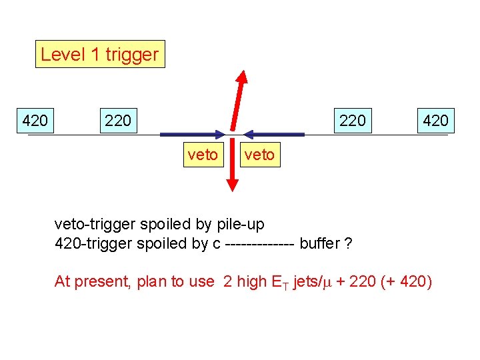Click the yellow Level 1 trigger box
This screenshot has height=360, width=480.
click(100, 54)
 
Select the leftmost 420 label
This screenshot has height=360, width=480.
click(35, 121)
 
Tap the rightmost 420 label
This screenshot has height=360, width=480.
click(435, 121)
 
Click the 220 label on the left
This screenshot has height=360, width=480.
click(118, 121)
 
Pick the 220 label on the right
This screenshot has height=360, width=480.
click(352, 121)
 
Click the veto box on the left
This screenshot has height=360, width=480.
click(203, 155)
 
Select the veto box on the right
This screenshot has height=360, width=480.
click(259, 155)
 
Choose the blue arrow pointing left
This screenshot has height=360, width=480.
click(273, 135)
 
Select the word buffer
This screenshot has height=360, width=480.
click(319, 243)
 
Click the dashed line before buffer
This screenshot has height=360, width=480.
click(260, 244)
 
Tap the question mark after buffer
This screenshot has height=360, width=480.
click(348, 243)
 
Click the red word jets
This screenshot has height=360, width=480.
click(308, 281)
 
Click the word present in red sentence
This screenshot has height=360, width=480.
click(101, 282)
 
